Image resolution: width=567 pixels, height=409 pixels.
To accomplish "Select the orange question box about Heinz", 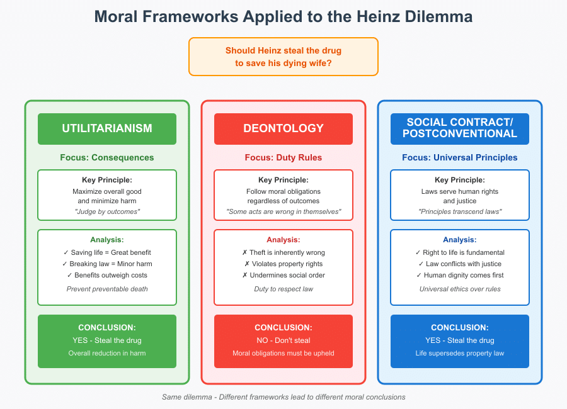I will (283, 57).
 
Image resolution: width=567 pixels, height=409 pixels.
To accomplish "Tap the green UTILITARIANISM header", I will (107, 128).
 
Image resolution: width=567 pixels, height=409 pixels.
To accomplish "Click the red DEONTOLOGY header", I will (283, 128).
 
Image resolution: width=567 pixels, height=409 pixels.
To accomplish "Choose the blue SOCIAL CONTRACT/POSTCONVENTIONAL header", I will (460, 128).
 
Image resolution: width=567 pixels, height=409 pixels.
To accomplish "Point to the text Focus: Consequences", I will (107, 157).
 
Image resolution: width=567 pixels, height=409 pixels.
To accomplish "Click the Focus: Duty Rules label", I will (283, 157).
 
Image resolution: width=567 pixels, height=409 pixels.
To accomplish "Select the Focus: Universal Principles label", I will (460, 157).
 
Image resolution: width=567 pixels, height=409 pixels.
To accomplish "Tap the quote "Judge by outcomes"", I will (107, 211).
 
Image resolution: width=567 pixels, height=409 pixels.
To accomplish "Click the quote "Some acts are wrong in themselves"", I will (283, 211).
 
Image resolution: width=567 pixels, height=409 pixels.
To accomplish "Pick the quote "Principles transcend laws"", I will (460, 211).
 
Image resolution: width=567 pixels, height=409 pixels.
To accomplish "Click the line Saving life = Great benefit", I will (107, 252).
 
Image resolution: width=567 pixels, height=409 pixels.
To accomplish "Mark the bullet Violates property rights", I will (283, 264).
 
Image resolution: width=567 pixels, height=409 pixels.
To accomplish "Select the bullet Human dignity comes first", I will (460, 275).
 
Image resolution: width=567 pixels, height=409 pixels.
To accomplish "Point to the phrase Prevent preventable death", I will (107, 289).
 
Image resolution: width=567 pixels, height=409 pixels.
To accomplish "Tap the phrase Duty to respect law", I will (283, 289).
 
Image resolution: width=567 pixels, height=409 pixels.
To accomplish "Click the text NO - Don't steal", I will (283, 340).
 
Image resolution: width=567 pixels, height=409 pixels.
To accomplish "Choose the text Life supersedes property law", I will (460, 353).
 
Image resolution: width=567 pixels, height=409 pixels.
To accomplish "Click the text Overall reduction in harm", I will (107, 353).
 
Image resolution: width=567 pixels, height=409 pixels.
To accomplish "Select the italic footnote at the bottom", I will (283, 397).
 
